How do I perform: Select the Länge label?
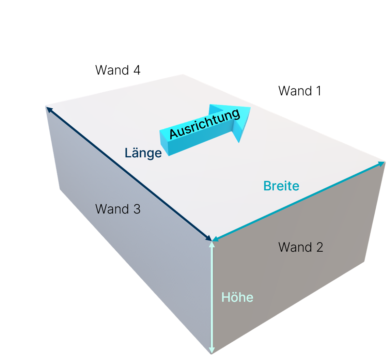pyautogui.click(x=143, y=153)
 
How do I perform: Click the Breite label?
pyautogui.click(x=281, y=186)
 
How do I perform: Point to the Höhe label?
pyautogui.click(x=237, y=297)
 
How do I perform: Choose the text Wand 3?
pyautogui.click(x=118, y=209)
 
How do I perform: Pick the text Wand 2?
pyautogui.click(x=301, y=247)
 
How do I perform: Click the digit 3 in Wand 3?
pyautogui.click(x=137, y=209)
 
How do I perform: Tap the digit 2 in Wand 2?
pyautogui.click(x=319, y=247)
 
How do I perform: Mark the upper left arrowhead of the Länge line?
pyautogui.click(x=49, y=109)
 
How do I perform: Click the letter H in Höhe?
pyautogui.click(x=225, y=297)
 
